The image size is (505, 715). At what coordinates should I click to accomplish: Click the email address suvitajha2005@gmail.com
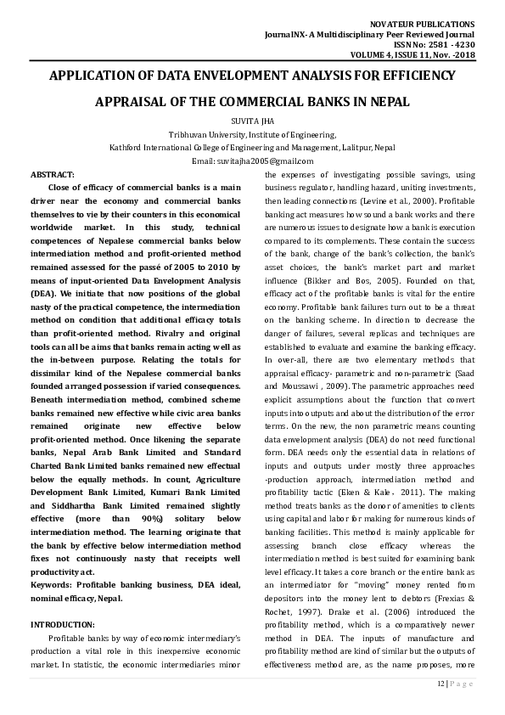coord(275,160)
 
